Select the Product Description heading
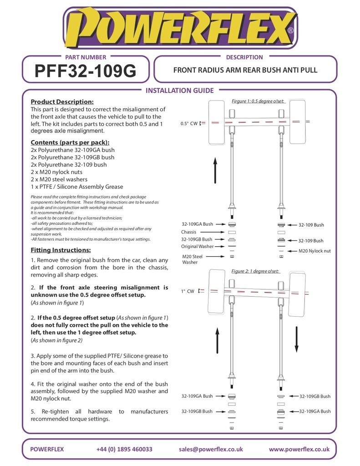(x=62, y=101)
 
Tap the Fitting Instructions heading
(x=61, y=250)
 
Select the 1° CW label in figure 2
(x=187, y=291)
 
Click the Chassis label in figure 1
(x=188, y=232)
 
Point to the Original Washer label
(x=197, y=246)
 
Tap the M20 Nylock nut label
(x=314, y=251)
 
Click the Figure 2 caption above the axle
(x=255, y=271)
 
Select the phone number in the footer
(x=124, y=449)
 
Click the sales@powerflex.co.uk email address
(x=211, y=449)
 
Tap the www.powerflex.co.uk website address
(x=299, y=449)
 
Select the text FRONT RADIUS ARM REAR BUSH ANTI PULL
(x=245, y=71)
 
